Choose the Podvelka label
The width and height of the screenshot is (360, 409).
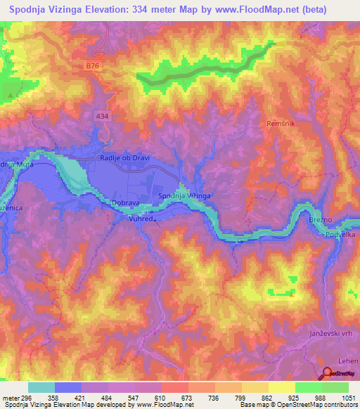[341, 237]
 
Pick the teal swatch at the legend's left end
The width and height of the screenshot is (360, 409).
[41, 387]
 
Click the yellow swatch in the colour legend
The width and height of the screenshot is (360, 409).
[281, 387]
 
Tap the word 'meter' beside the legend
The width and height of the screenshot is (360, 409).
[11, 397]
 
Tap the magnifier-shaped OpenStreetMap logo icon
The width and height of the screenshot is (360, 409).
[328, 375]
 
